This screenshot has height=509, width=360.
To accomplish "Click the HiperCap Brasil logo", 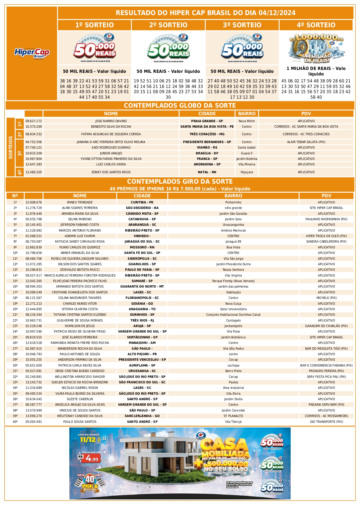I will pos(32,53).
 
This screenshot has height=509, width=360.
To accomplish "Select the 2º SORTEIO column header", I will pos(168,25).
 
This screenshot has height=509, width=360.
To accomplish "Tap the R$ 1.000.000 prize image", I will pos(316,48).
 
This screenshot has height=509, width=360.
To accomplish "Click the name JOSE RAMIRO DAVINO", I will pos(111,121).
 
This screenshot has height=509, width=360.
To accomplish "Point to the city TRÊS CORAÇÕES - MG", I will pos(207,134).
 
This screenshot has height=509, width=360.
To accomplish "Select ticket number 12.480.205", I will pos(34,172).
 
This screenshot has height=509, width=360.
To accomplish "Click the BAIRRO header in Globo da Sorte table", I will pos(247,113).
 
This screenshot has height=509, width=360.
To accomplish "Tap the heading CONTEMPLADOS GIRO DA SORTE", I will pos(180,181).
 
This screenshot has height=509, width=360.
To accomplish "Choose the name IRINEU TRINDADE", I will pos(80,202).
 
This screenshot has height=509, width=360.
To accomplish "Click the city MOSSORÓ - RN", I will pos(142,247).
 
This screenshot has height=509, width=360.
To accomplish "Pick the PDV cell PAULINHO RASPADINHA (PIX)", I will pos(326,219).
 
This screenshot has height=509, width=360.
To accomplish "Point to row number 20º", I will pos(15,309).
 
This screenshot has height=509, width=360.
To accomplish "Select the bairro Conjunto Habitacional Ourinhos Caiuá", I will pos(233,315).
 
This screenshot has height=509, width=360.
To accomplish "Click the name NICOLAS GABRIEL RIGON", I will pos(80,388).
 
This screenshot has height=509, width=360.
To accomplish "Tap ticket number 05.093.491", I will pos(34,422).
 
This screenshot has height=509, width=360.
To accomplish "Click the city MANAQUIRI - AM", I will pos(142,343).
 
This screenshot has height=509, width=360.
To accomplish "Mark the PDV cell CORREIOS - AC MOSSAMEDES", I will pos(326,416).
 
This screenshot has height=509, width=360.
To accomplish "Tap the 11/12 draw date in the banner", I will pos(88,440).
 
